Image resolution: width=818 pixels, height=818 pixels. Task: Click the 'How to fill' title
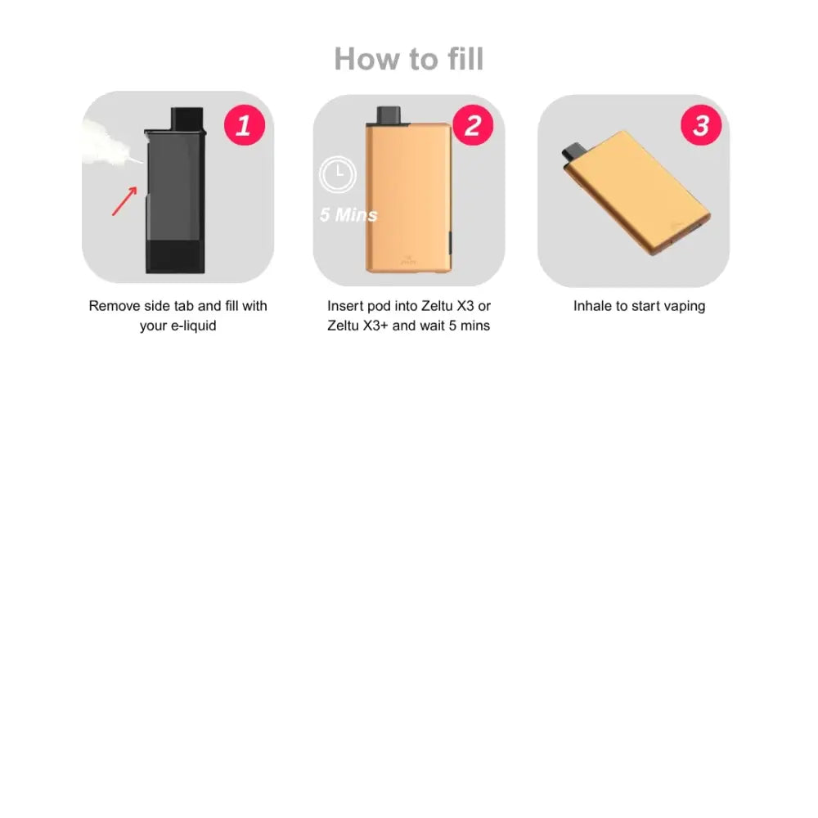coord(409,58)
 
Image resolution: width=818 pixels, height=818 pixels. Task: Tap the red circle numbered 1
coord(244,125)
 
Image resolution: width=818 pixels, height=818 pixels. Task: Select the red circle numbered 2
coord(473,125)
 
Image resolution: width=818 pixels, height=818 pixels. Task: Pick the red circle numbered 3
coord(701,125)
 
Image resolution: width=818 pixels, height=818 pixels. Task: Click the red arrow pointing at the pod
coord(124,201)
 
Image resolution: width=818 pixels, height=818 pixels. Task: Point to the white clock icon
coord(338,174)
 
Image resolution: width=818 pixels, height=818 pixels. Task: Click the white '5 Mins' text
coord(348,214)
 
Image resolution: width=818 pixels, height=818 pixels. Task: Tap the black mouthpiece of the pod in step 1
coord(187,119)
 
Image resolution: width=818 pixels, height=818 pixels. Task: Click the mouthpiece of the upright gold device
coord(388,115)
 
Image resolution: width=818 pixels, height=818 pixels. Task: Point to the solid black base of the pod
coord(175,256)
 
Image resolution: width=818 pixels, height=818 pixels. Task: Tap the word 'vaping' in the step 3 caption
coord(685,307)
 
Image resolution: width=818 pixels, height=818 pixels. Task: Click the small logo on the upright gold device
coord(408,260)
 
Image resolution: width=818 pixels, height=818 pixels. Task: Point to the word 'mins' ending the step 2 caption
coord(474,326)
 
